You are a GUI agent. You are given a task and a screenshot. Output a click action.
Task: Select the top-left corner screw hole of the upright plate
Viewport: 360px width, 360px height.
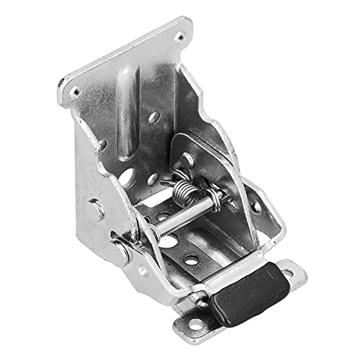(74, 92)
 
